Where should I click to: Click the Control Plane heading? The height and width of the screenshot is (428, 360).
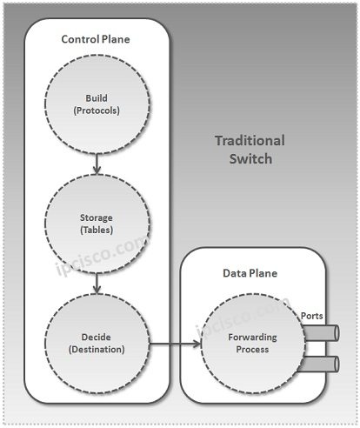click(96, 40)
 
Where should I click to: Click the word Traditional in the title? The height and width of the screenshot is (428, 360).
click(249, 141)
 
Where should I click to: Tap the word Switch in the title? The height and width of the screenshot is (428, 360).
click(249, 159)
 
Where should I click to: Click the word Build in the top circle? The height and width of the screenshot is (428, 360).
click(97, 97)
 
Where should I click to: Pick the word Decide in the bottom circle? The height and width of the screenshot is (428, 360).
click(97, 336)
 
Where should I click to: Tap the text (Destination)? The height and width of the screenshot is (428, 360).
click(97, 349)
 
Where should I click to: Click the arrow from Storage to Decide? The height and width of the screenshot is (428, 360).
click(97, 282)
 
